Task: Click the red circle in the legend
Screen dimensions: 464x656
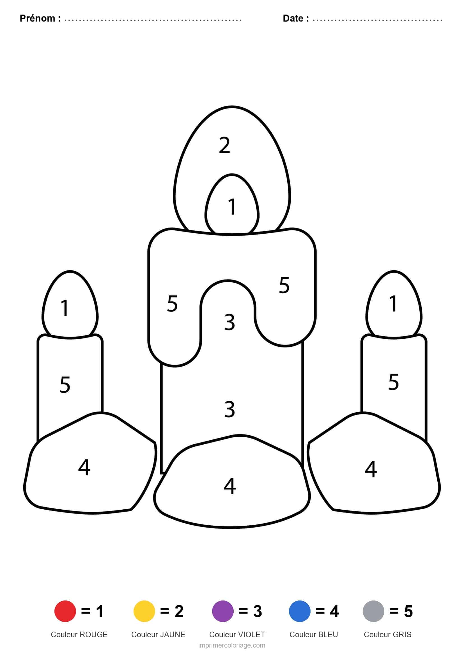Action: click(65, 611)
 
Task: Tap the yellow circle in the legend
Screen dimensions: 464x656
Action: click(144, 611)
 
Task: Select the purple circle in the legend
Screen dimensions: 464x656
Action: click(223, 611)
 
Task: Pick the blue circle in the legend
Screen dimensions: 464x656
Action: click(300, 611)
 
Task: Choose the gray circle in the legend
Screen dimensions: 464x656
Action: click(373, 611)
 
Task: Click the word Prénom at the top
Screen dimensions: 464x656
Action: click(37, 18)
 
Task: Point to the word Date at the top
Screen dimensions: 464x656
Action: click(293, 18)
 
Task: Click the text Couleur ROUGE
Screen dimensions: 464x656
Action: click(79, 634)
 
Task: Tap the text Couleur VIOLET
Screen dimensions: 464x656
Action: click(237, 634)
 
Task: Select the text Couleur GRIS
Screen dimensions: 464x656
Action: click(387, 634)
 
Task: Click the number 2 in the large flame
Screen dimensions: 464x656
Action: click(225, 145)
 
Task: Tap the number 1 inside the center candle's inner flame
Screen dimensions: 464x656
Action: click(232, 207)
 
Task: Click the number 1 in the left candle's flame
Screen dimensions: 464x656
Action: click(65, 308)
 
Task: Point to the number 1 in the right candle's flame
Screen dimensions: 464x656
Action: click(393, 303)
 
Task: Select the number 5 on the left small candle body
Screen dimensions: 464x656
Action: click(65, 385)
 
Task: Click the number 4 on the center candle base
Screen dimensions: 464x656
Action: click(230, 486)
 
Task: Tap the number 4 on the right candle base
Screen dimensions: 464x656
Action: click(371, 469)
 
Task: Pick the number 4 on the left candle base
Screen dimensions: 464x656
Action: click(84, 468)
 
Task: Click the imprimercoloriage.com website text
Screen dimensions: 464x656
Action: click(232, 645)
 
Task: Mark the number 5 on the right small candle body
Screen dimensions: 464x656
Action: click(393, 382)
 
